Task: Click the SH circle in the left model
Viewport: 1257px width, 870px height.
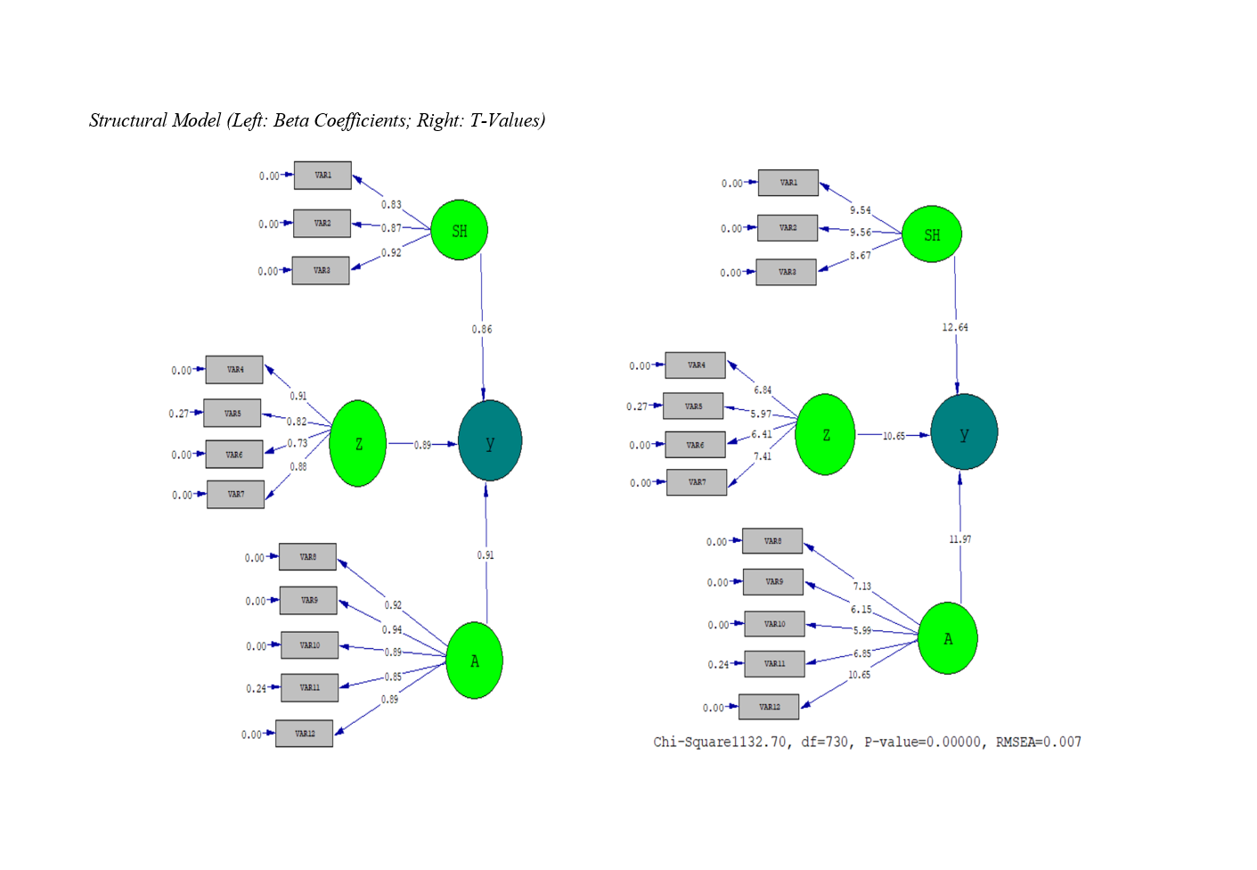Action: (459, 230)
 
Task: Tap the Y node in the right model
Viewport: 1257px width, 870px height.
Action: (964, 432)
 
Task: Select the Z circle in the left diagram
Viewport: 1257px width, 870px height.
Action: (358, 443)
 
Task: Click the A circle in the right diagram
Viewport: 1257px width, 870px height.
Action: (948, 638)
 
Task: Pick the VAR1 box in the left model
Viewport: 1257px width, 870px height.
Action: (322, 176)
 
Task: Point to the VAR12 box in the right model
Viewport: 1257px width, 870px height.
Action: (769, 707)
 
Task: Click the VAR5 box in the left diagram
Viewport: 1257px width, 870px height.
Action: (233, 414)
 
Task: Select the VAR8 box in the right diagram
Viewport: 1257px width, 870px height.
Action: (772, 541)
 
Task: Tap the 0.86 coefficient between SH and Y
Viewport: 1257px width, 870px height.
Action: (482, 330)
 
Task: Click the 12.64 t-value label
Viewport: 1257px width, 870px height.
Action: (955, 327)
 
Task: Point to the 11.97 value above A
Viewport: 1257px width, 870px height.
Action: (960, 539)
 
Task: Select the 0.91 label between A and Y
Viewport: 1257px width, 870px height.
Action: (486, 555)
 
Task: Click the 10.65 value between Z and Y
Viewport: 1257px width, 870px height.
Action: (894, 436)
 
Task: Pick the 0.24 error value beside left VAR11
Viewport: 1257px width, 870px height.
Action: (256, 688)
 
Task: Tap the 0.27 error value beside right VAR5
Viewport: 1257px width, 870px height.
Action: (637, 406)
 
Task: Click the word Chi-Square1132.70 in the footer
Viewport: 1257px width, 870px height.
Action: (720, 742)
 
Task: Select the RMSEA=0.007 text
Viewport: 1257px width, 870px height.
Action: (1038, 742)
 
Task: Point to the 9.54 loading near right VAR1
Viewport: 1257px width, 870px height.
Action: (860, 210)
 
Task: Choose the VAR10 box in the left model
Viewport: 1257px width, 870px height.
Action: (309, 645)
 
